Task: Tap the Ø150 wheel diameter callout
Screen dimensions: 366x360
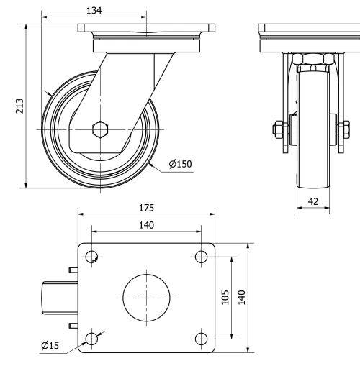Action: click(180, 164)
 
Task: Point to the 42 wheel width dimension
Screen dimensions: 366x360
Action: click(313, 202)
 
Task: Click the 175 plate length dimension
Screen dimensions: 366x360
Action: click(146, 208)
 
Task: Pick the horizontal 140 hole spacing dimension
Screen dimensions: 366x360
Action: click(146, 224)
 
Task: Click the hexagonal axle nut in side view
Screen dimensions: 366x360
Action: click(100, 129)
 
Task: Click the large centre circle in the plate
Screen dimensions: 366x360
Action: click(147, 296)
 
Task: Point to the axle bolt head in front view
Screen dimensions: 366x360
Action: click(276, 130)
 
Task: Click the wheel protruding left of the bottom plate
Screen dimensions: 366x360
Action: click(54, 296)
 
